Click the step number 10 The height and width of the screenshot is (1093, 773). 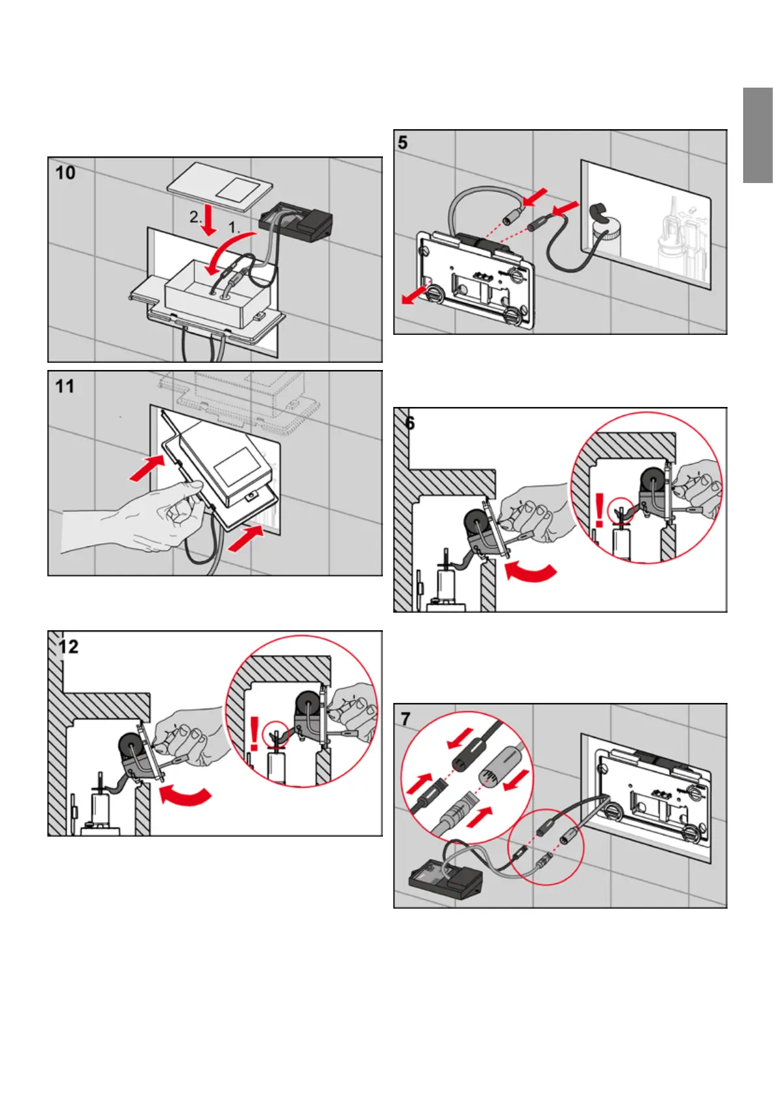coord(66,173)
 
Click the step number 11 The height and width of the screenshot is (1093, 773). coord(65,387)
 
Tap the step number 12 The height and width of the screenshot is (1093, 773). coord(68,647)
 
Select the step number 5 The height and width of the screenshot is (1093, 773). coord(403,142)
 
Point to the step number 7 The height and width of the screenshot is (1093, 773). coord(406,719)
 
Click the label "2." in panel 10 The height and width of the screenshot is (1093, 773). coord(195,217)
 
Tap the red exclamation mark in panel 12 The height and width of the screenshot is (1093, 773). coord(254,734)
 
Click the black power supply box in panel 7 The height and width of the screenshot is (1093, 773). coord(446,878)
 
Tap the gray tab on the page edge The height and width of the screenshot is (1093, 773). coord(757,136)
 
